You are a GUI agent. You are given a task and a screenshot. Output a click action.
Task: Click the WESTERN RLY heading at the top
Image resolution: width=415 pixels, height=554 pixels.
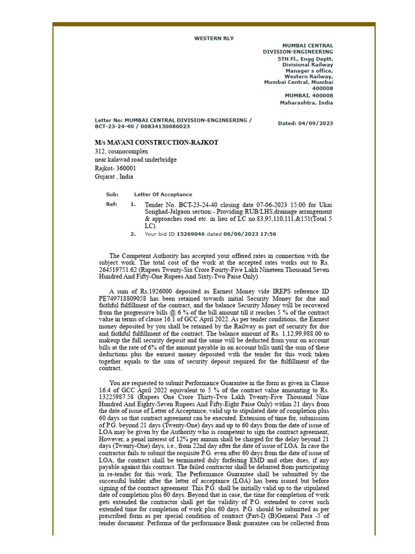[x=214, y=38]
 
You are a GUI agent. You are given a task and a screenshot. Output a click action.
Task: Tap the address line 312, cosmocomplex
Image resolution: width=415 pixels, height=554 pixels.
[x=121, y=151]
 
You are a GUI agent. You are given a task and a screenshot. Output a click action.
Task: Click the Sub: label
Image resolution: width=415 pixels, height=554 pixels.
[x=112, y=194]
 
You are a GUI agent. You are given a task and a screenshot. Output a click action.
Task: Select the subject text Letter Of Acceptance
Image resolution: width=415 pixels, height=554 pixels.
[x=163, y=194]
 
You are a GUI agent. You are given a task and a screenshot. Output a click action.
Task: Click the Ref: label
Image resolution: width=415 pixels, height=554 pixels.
[x=111, y=205]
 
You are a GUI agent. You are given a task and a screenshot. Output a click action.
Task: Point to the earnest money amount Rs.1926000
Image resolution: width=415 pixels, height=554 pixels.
[x=156, y=292]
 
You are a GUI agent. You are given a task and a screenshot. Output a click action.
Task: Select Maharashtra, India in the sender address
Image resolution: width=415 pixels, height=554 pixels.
[x=306, y=103]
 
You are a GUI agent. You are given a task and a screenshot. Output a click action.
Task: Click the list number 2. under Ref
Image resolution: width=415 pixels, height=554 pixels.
[x=133, y=234]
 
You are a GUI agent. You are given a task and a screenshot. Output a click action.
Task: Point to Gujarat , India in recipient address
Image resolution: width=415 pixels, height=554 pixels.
[x=114, y=176]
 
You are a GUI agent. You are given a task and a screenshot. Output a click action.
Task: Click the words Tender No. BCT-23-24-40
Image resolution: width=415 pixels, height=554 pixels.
[x=177, y=205]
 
